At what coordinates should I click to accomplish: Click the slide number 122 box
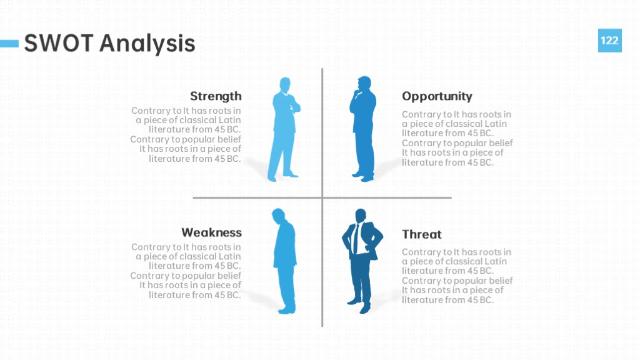pos(610,41)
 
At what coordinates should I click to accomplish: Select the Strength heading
pos(216,96)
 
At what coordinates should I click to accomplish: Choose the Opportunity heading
pos(437,96)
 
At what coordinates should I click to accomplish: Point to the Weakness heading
pos(211,232)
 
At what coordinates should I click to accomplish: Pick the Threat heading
pos(422,234)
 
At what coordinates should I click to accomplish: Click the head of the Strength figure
pos(285,85)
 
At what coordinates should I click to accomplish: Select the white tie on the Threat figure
pos(356,238)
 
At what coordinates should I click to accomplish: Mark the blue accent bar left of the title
pos(9,43)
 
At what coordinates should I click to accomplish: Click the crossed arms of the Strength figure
pos(294,107)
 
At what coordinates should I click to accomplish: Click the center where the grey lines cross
pos(322,197)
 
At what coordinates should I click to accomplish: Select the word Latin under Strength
pos(230,120)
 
